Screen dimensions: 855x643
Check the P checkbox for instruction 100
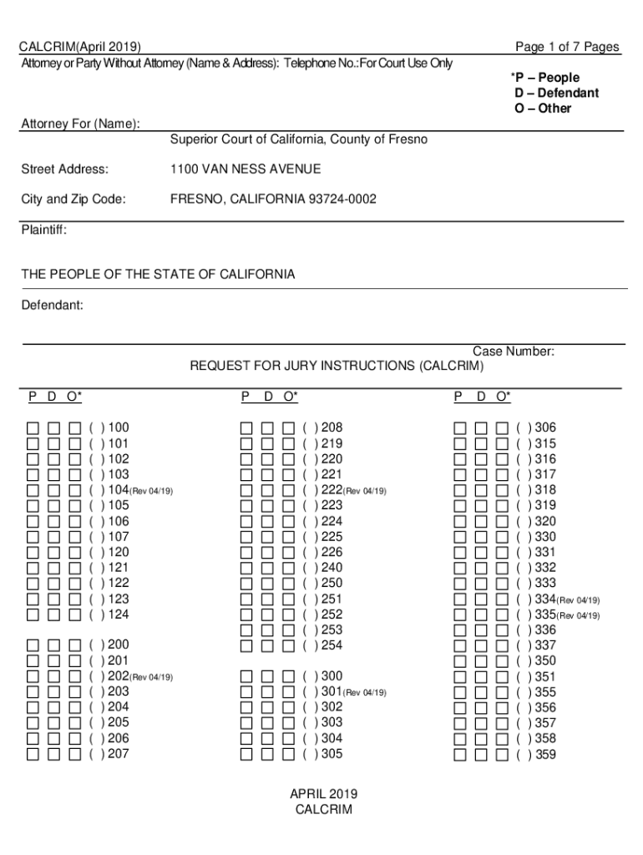[x=33, y=428]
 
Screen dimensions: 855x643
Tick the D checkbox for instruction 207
[x=54, y=754]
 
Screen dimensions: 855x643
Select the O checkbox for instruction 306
[x=503, y=428]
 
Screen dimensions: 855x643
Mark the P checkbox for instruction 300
[x=246, y=676]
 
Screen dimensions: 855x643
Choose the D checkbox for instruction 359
[x=482, y=755]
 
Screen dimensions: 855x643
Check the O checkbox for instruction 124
[x=75, y=615]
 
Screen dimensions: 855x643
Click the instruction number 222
[x=332, y=490]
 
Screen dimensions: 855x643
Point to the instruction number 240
[x=332, y=568]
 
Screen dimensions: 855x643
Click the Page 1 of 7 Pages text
[x=567, y=47]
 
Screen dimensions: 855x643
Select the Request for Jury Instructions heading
[x=337, y=366]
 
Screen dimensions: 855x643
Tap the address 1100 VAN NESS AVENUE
[x=246, y=169]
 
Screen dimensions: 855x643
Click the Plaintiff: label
[x=43, y=229]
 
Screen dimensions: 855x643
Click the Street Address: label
[x=64, y=169]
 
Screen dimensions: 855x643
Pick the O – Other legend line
[x=543, y=109]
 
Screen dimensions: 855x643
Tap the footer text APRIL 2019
[x=323, y=794]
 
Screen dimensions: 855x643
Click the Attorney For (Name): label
[x=80, y=124]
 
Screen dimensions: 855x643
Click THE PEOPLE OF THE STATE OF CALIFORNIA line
[x=158, y=275]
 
